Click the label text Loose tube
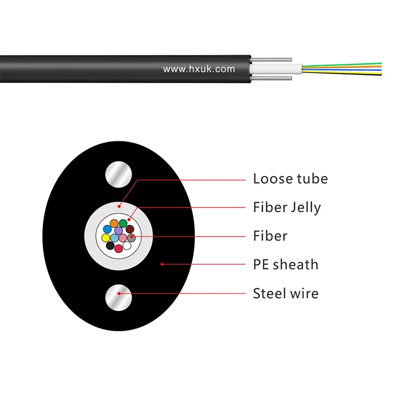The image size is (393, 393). tap(290, 179)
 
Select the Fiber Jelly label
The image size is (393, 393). tap(287, 207)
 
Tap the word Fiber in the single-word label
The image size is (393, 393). tap(270, 236)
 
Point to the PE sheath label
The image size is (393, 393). tap(285, 265)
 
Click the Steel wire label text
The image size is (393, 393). tap(285, 294)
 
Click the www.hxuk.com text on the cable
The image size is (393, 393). tap(199, 69)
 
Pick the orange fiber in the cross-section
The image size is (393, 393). tap(114, 224)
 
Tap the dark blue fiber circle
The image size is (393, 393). tap(107, 229)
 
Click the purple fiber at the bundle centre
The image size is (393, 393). tap(118, 230)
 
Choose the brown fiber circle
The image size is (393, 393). tap(130, 229)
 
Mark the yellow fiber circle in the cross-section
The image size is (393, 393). tap(106, 238)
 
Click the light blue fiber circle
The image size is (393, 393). tap(114, 238)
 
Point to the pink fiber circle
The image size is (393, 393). tap(123, 238)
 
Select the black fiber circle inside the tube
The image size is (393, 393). tap(110, 246)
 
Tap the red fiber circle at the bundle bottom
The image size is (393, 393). tap(118, 249)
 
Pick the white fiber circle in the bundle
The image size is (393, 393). tap(127, 246)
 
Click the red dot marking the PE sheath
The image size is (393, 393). tap(162, 264)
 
